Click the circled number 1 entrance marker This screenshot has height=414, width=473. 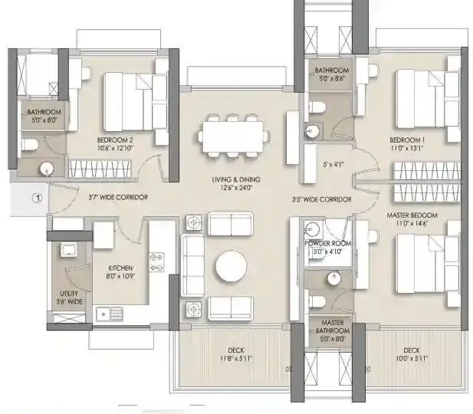pyautogui.click(x=35, y=196)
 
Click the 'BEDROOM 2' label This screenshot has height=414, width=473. pyautogui.click(x=115, y=140)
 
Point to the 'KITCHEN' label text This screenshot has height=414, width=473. pyautogui.click(x=120, y=267)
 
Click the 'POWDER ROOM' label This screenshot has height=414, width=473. pyautogui.click(x=327, y=243)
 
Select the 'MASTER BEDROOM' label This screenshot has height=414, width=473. pyautogui.click(x=412, y=215)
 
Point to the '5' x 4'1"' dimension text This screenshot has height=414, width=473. pyautogui.click(x=334, y=163)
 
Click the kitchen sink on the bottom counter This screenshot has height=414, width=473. pyautogui.click(x=108, y=313)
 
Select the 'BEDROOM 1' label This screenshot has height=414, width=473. pyautogui.click(x=406, y=140)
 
